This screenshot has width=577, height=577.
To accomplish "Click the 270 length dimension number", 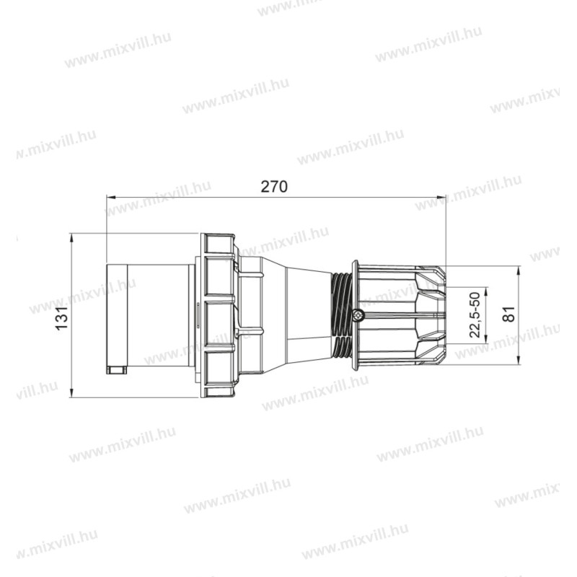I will (274, 187).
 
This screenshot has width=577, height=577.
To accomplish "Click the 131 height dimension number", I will (62, 315).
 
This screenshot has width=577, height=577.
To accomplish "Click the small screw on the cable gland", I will (359, 314).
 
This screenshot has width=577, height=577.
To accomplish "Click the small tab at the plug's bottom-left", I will (115, 371).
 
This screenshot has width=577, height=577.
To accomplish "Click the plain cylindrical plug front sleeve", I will (151, 315).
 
